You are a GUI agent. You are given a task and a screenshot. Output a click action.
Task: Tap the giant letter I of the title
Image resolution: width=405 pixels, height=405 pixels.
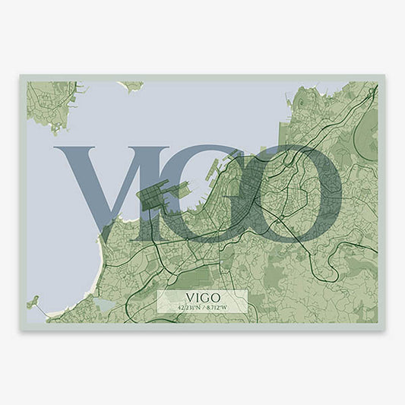coord(172,190)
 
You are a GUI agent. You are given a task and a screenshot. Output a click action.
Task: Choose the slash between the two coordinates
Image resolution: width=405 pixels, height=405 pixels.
coord(202,307)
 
